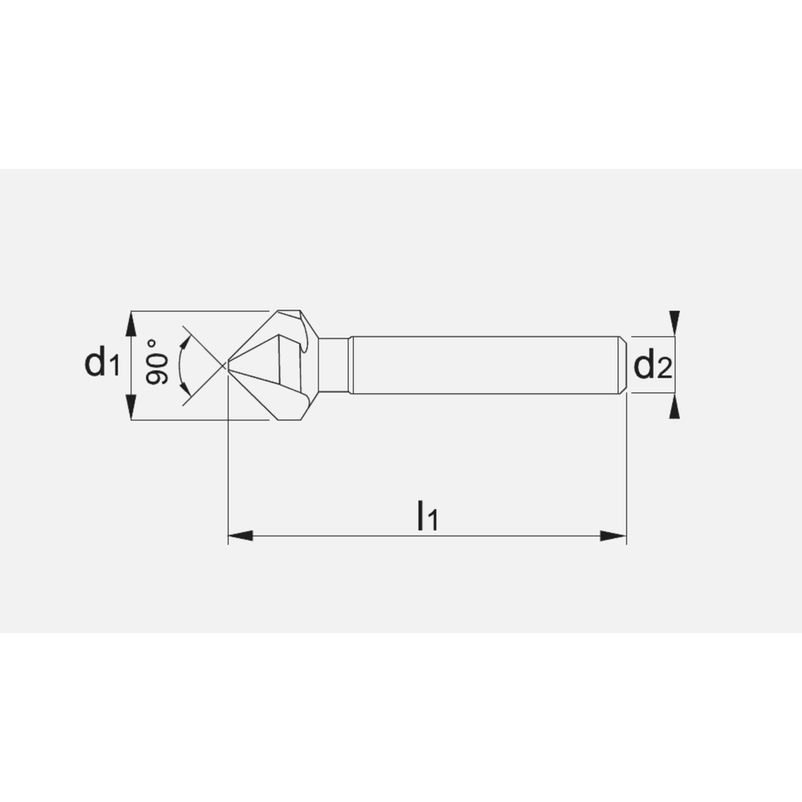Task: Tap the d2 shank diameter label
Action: pos(651,366)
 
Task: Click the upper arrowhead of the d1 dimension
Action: pos(132,323)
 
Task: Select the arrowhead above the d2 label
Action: pos(675,321)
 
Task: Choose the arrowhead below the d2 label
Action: pos(675,407)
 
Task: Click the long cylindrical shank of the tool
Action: pos(481,365)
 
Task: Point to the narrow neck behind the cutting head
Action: pos(337,365)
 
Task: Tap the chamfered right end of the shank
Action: pos(622,365)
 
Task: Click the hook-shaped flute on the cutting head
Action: pos(303,333)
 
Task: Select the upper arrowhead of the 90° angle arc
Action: pos(185,342)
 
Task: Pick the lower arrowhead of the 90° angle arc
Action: pos(185,390)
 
